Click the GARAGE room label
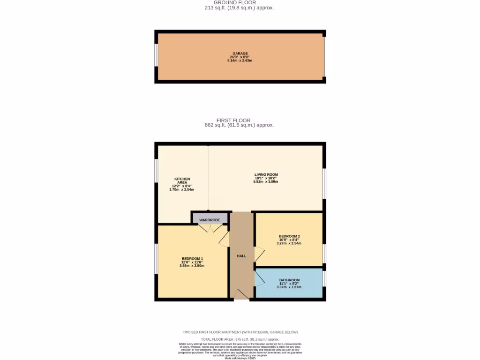pyautogui.click(x=240, y=53)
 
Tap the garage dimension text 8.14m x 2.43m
pyautogui.click(x=240, y=61)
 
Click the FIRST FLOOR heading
pyautogui.click(x=240, y=120)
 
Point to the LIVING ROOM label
pyautogui.click(x=266, y=174)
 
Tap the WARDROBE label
pyautogui.click(x=210, y=220)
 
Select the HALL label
pyautogui.click(x=241, y=256)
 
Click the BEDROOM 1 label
pyautogui.click(x=192, y=259)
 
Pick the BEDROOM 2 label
pyautogui.click(x=289, y=236)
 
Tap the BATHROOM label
pyautogui.click(x=289, y=280)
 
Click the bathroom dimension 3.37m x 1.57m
pyautogui.click(x=289, y=287)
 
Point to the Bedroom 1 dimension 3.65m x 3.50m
pyautogui.click(x=192, y=266)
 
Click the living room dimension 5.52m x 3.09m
pyautogui.click(x=266, y=181)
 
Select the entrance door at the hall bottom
pyautogui.click(x=241, y=294)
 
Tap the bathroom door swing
pyautogui.click(x=259, y=278)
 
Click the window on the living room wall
pyautogui.click(x=324, y=183)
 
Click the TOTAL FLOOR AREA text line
pyautogui.click(x=240, y=339)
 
